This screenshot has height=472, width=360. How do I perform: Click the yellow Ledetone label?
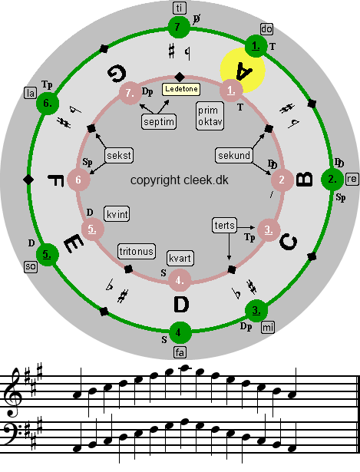(x=181, y=89)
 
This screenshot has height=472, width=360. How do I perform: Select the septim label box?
(x=159, y=122)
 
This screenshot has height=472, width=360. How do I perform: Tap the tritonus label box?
(x=137, y=252)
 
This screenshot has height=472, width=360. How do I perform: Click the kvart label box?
(x=180, y=259)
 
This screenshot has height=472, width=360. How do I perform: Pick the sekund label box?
(x=234, y=155)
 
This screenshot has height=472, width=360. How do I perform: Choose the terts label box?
(x=225, y=226)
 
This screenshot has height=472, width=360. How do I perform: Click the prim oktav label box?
(x=210, y=116)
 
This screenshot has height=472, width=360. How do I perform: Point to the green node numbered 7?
(x=179, y=28)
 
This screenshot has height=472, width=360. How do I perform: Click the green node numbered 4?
(x=180, y=332)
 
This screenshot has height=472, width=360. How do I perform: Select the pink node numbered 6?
(x=78, y=180)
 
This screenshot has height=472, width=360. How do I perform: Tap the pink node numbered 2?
(x=282, y=180)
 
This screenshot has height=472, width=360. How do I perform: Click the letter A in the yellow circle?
(x=244, y=71)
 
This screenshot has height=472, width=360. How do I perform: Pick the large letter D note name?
(x=181, y=305)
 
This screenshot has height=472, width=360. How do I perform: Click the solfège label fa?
(x=180, y=352)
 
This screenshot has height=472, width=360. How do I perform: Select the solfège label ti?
(x=180, y=8)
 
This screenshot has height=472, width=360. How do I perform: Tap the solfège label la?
(x=31, y=93)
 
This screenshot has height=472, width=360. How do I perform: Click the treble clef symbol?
(x=14, y=392)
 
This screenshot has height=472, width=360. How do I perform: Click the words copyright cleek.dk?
(x=180, y=180)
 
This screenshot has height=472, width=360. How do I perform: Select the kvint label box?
(x=117, y=214)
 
